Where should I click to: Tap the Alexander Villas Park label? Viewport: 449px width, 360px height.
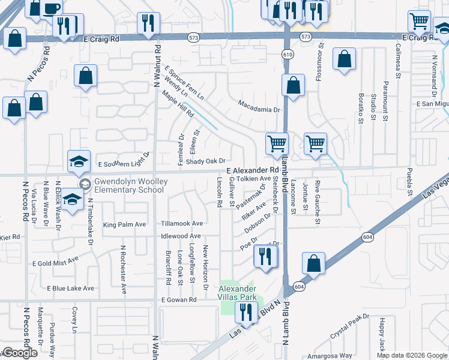[237, 292]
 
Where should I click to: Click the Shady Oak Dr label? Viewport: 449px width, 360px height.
[205, 161]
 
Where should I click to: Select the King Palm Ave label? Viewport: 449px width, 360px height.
[125, 225]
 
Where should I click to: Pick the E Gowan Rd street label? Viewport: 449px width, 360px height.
[178, 299]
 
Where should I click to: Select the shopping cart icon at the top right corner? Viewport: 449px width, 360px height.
[419, 22]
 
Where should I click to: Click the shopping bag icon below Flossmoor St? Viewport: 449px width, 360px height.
[344, 60]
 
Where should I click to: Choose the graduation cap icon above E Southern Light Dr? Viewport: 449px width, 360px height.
[79, 161]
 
